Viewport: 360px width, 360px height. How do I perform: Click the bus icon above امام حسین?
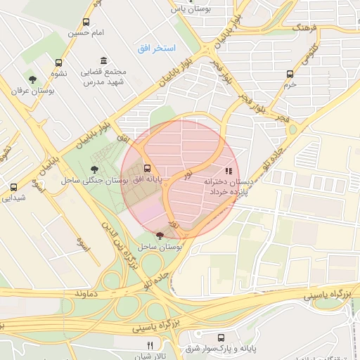click(x=86, y=22)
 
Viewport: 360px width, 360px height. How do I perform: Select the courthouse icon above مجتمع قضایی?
click(x=104, y=60)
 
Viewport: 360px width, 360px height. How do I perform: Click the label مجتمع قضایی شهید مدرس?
click(x=105, y=77)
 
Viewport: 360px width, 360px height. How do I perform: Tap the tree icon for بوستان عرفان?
click(x=32, y=79)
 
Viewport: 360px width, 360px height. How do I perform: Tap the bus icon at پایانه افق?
click(x=147, y=168)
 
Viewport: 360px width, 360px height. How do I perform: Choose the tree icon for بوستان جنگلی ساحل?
click(x=96, y=168)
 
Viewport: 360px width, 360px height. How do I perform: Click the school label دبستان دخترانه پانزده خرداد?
click(x=227, y=186)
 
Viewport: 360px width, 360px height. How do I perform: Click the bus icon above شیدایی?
click(x=13, y=187)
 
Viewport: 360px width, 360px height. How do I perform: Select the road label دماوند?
click(x=92, y=291)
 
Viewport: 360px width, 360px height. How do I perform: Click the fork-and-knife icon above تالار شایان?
click(x=149, y=345)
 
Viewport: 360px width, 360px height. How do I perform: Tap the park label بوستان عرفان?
click(x=32, y=91)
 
